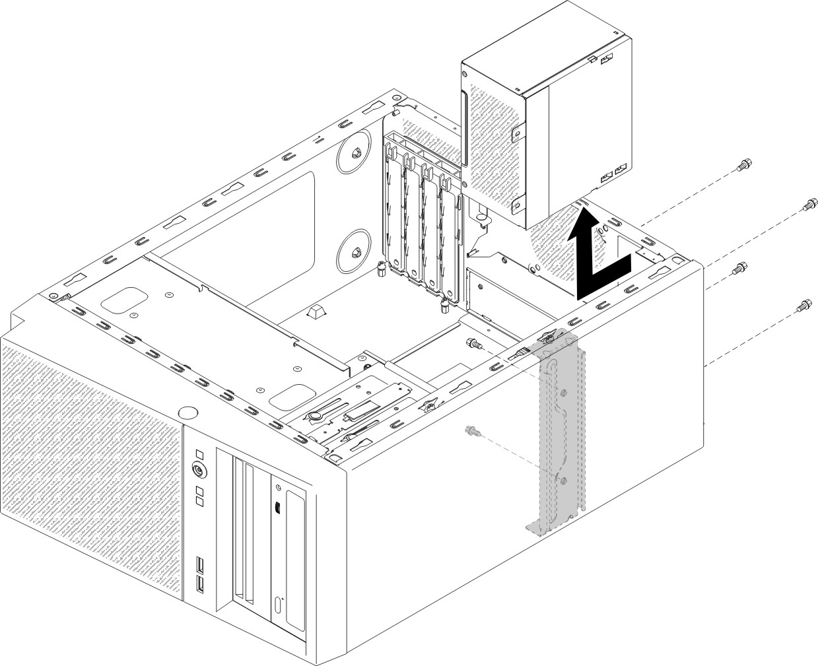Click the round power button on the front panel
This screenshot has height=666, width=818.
(x=197, y=469)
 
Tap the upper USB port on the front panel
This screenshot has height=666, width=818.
(x=198, y=566)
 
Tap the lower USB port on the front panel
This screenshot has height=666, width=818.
(x=198, y=583)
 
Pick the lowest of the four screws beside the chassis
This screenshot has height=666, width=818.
(x=803, y=306)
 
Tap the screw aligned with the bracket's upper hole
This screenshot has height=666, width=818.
(x=473, y=343)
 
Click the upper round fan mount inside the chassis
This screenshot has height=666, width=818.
(x=354, y=152)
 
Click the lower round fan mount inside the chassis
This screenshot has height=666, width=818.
(x=354, y=250)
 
